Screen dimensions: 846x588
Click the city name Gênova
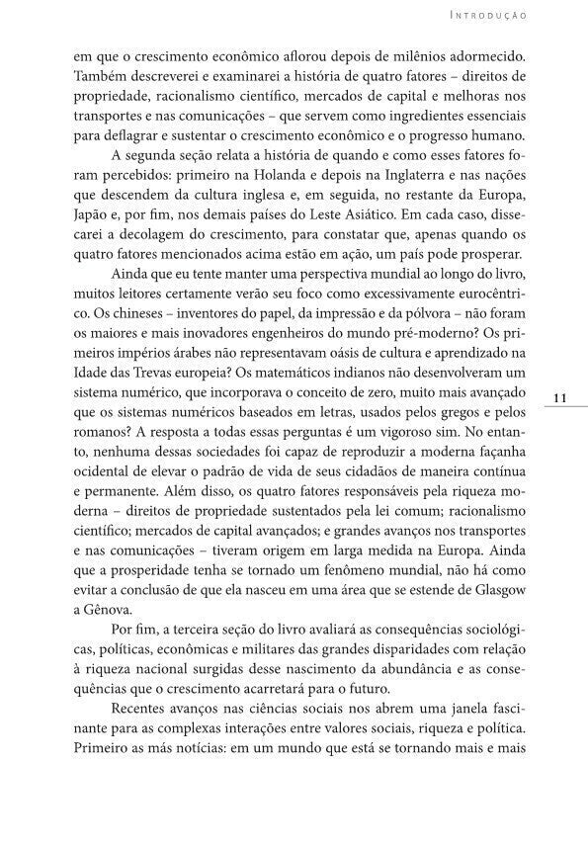110,605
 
